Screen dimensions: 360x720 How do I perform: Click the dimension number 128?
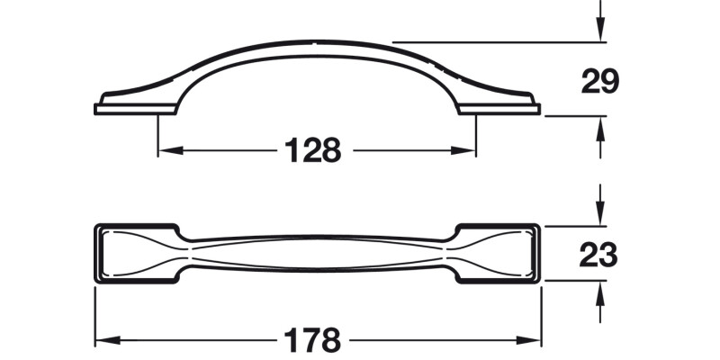pos(314,149)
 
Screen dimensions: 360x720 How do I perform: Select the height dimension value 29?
pos(599,82)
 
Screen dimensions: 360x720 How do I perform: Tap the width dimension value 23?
pos(599,256)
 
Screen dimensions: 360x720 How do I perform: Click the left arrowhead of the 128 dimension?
pos(166,150)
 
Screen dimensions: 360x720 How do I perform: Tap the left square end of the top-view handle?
pos(135,253)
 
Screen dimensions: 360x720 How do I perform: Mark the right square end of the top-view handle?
pos(499,253)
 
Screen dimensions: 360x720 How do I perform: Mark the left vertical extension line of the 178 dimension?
pos(95,315)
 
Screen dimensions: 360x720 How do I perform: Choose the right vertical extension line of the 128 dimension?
pos(475,135)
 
